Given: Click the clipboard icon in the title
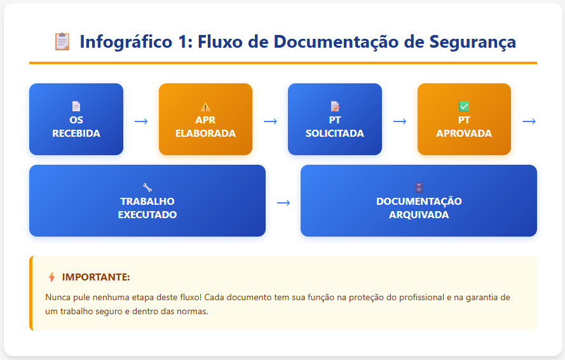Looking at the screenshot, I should point(62,42).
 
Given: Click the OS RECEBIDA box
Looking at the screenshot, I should point(76,120).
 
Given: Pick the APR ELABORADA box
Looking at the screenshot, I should point(205,120).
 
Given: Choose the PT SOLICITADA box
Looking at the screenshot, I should point(334,120).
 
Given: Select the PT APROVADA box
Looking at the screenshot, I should point(464,120).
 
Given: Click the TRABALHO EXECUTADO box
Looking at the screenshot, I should point(147,201).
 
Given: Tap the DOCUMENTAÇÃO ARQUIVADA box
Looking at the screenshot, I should point(419,201).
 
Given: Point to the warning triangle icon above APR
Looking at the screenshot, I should point(205,107).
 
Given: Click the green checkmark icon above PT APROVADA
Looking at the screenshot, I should point(464,107).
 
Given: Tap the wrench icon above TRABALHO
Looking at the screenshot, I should point(147,188).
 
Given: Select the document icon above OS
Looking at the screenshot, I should point(76,107).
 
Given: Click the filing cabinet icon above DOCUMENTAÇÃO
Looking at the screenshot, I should point(419,188).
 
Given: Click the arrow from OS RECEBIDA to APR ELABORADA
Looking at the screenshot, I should point(141,121).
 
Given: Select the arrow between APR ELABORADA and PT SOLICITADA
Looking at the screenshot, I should point(270,121).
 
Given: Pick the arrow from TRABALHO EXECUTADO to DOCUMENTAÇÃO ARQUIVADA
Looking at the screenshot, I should point(283,202).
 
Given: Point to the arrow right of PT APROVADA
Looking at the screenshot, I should point(529,121).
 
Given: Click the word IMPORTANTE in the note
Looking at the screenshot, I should point(96,277).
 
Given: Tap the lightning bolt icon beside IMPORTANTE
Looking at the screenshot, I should point(51,277).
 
